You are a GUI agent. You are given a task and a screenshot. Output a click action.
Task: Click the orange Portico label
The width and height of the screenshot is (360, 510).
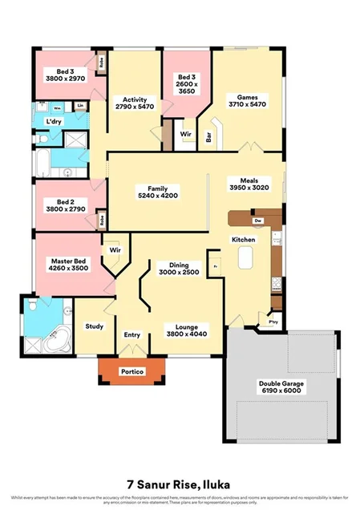pos(131,372)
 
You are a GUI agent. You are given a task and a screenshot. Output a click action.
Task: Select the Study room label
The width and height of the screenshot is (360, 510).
pos(95,326)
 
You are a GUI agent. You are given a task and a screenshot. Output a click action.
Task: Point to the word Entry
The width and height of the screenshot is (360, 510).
pos(131,334)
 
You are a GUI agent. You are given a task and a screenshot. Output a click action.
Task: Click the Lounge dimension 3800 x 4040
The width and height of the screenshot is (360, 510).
pos(185,334)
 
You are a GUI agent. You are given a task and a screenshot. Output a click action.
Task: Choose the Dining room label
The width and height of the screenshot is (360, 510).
pos(184,264)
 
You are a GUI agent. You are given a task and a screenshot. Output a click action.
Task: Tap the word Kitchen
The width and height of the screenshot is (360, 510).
pos(243,240)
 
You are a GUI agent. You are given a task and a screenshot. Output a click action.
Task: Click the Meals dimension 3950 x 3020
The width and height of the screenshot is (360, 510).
pos(254,188)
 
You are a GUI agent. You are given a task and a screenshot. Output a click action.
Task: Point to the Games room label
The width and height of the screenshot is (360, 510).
pos(246,96)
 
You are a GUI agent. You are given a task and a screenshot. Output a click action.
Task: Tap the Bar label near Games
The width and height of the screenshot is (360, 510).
pos(210,137)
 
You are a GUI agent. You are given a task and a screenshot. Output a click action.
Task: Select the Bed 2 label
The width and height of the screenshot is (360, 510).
pos(66,201)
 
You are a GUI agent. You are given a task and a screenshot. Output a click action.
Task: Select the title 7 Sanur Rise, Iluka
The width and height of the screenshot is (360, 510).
pos(180,484)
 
